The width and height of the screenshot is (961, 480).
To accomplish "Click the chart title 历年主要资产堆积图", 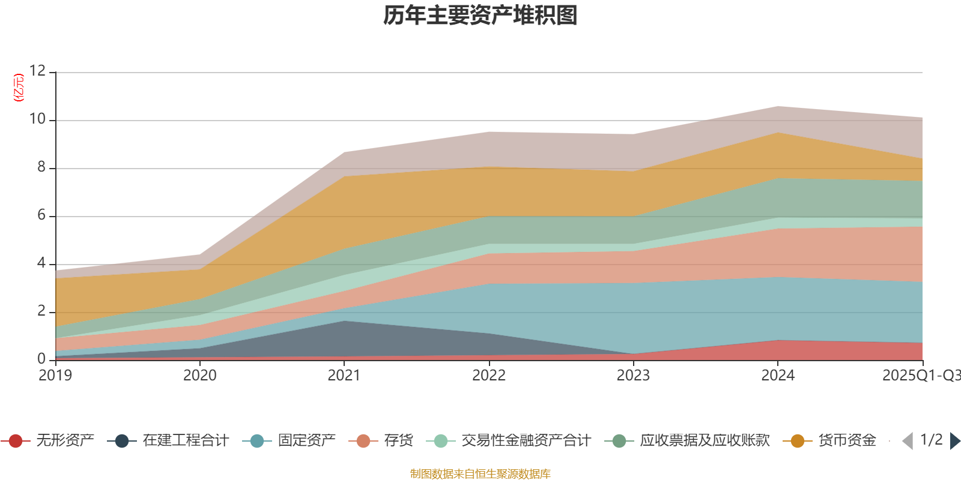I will tap(480, 16).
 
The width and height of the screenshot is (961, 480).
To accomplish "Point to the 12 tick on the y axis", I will tap(37, 71).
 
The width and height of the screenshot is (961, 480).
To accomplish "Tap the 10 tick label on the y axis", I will tap(37, 119).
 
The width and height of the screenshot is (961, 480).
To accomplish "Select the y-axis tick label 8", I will tap(41, 167).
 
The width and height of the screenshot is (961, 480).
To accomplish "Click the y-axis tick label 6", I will tap(41, 215).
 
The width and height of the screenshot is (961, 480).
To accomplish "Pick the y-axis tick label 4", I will tap(41, 263).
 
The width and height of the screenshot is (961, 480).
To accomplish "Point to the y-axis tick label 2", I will tap(41, 311).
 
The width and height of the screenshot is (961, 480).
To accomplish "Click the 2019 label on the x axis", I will tap(55, 376).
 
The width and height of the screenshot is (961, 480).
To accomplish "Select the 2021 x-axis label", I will tap(344, 376).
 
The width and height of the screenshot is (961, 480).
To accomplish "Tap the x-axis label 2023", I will tap(633, 376).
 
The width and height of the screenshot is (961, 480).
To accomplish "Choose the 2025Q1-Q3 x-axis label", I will tap(921, 376).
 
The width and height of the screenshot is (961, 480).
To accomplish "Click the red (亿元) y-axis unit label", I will tap(19, 88).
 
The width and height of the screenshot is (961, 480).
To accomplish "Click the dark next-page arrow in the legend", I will tap(954, 441).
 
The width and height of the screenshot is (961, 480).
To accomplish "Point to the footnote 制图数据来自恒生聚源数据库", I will tap(480, 474).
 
